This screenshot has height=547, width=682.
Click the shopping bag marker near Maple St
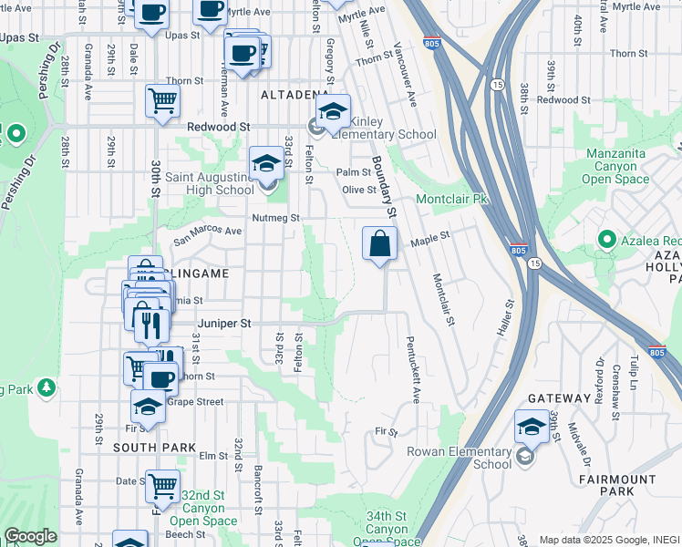[380, 244]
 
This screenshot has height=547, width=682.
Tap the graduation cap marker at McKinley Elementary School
[334, 112]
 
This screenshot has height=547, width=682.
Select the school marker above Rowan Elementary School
[531, 427]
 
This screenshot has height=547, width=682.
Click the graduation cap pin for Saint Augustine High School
[266, 164]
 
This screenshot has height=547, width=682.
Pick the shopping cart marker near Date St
[162, 486]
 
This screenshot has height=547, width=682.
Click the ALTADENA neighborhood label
[294, 95]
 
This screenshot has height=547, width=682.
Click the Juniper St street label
[225, 323]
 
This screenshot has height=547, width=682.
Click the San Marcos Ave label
[208, 231]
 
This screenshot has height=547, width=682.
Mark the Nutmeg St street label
[277, 218]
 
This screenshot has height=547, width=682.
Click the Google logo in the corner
[30, 536]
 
